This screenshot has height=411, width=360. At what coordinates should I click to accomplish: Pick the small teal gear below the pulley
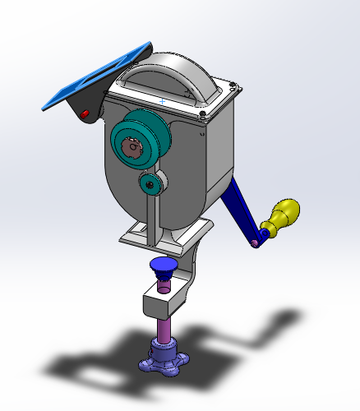coord(149,183)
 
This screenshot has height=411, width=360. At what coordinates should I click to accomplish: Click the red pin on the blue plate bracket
coord(85,113)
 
